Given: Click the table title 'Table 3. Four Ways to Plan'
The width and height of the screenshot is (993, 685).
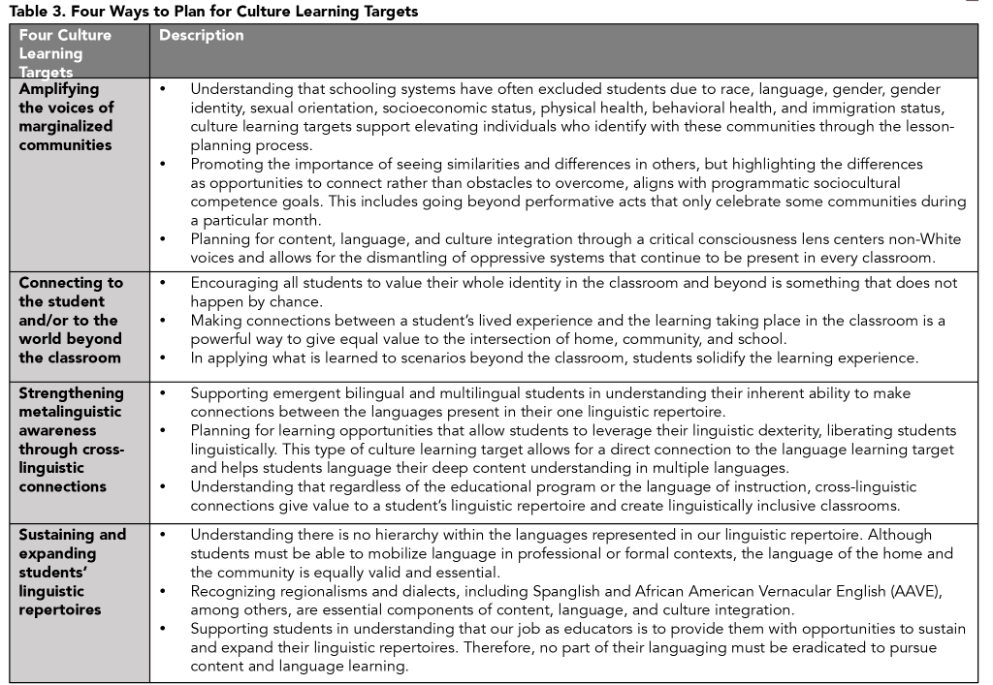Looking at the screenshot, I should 214,12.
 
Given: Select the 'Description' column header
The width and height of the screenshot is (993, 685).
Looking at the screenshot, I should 202,36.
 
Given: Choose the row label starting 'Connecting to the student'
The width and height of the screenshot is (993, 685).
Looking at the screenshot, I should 71,320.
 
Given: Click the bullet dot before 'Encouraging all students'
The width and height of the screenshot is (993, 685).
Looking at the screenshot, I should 163,282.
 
